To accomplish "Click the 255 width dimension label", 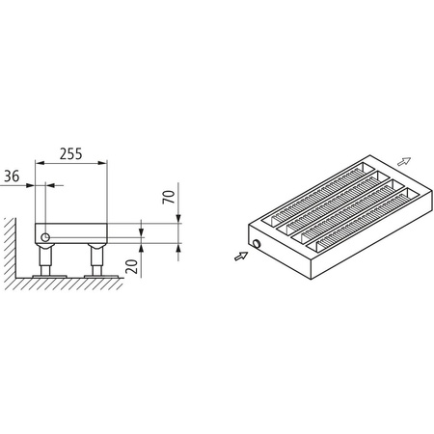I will pyautogui.click(x=71, y=151).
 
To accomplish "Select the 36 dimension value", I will pyautogui.click(x=12, y=176).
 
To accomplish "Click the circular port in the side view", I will pyautogui.click(x=45, y=235).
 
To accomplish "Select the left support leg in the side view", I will pyautogui.click(x=46, y=258).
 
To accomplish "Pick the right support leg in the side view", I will pyautogui.click(x=96, y=258).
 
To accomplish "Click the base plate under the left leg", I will pyautogui.click(x=46, y=276).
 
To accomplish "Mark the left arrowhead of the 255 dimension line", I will pyautogui.click(x=40, y=164).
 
